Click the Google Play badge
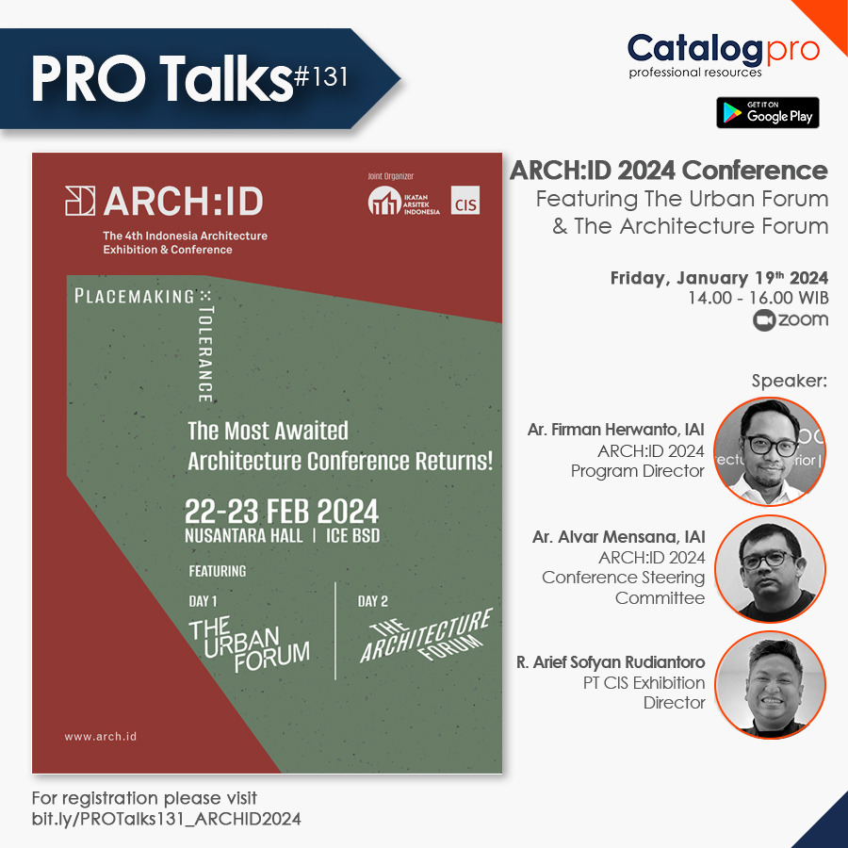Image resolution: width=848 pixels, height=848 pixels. click(x=767, y=112)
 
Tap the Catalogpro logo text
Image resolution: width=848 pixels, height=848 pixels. click(x=723, y=49)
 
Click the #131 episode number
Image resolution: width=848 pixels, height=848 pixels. click(x=320, y=78)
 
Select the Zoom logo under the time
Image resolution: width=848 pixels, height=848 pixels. click(x=791, y=320)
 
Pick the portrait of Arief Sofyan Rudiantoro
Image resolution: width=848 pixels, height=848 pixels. click(x=770, y=685)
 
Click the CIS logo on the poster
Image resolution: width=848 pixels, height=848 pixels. click(x=465, y=202)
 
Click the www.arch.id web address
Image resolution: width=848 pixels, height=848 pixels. click(x=101, y=736)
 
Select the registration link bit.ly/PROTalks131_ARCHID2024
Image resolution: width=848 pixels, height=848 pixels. click(x=167, y=819)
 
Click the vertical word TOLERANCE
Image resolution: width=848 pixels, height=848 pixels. click(x=206, y=353)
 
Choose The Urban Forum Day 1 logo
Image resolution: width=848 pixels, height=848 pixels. click(x=249, y=644)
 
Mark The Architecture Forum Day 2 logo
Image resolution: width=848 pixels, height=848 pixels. click(x=426, y=636)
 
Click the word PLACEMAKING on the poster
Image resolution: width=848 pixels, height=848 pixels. click(x=134, y=297)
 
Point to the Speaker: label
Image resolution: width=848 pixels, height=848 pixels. click(x=789, y=382)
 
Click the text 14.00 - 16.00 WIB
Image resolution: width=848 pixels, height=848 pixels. click(x=758, y=298)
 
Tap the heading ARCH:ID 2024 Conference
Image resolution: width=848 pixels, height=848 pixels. click(x=668, y=171)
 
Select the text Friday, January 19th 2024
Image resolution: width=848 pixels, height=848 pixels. click(x=718, y=277)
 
